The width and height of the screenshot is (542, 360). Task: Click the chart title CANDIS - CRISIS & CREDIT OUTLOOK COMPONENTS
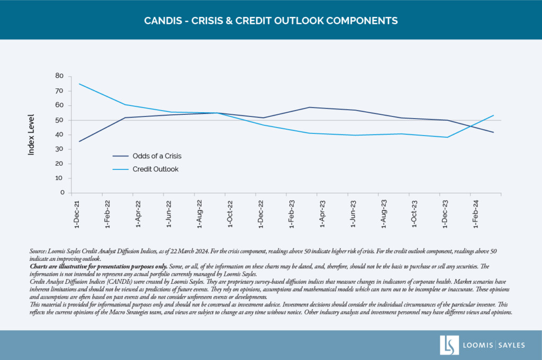click(x=271, y=21)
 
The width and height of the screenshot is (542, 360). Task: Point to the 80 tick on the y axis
click(x=59, y=76)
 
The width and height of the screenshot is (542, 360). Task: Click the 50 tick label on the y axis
click(x=59, y=120)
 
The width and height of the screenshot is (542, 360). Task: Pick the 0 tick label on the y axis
click(x=61, y=193)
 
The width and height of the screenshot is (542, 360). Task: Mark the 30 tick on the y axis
click(x=59, y=149)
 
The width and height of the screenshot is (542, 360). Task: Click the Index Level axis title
click(x=31, y=134)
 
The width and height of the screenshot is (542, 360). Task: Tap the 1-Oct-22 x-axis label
click(x=230, y=213)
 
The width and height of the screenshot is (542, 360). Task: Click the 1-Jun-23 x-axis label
click(x=353, y=213)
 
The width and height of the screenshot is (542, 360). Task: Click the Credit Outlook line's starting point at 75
click(x=79, y=84)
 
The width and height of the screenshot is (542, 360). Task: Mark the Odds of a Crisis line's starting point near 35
click(x=79, y=141)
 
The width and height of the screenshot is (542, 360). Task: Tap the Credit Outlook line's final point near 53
click(x=494, y=115)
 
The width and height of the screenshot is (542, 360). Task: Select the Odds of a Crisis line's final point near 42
click(x=494, y=132)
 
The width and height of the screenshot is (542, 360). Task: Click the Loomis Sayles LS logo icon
click(x=449, y=345)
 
